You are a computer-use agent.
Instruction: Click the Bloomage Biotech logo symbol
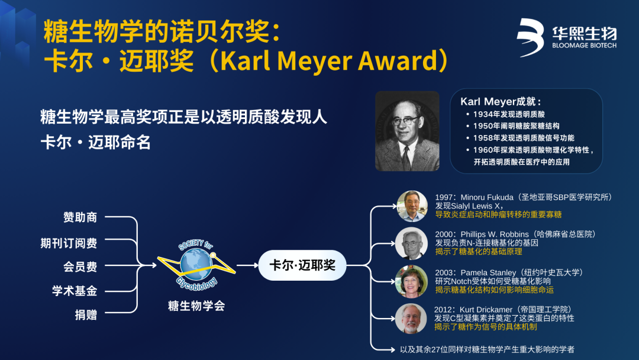[x=531, y=37]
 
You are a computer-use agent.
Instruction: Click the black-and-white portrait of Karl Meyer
[x=407, y=131]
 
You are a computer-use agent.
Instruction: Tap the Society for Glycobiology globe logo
[x=196, y=265]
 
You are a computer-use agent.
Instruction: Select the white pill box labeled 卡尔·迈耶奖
[x=302, y=265]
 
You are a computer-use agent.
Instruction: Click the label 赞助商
[x=80, y=217]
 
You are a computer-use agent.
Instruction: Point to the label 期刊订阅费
[x=69, y=243]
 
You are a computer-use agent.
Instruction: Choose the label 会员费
[x=80, y=266]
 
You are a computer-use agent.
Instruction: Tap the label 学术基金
[x=75, y=291]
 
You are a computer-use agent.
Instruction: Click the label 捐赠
[x=86, y=315]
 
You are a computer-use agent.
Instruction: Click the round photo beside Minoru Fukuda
[x=412, y=206]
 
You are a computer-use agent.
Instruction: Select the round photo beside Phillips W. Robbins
[x=411, y=244]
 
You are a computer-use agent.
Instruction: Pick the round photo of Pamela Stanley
[x=411, y=281]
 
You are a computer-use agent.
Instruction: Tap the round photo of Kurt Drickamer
[x=411, y=319]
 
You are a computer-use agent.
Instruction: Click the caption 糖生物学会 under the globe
[x=196, y=306]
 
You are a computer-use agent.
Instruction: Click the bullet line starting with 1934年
[x=505, y=114]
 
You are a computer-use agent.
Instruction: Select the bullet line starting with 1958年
[x=520, y=138]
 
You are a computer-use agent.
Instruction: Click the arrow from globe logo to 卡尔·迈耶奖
[x=247, y=265]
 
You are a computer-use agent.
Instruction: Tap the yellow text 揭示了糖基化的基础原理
[x=479, y=252]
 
